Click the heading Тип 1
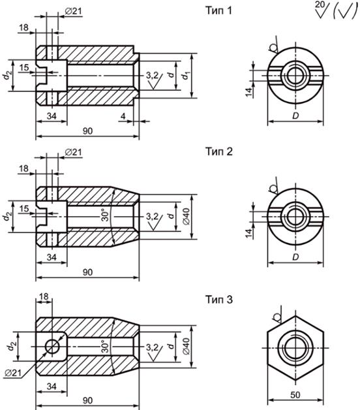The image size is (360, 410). (x=218, y=10)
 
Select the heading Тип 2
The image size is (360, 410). (x=218, y=151)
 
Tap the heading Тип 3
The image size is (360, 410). (x=218, y=300)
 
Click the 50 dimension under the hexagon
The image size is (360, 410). (x=295, y=395)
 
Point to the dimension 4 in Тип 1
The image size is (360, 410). (x=123, y=116)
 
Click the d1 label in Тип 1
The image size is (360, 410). (x=185, y=76)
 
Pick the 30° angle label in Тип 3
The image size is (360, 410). (x=105, y=346)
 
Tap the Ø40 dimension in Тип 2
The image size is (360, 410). (x=186, y=217)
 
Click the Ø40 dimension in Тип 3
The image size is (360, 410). (x=186, y=347)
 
